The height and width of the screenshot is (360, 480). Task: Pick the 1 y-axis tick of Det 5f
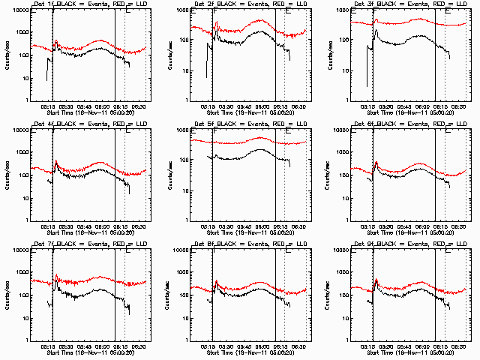[184, 220]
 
